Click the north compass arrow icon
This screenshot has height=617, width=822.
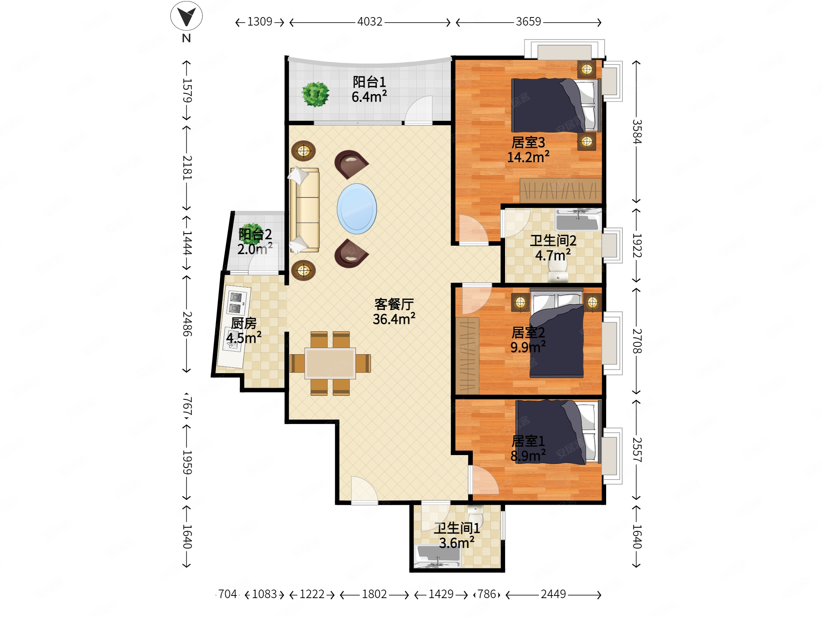coord(186,16)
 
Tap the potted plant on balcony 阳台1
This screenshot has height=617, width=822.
coord(315,94)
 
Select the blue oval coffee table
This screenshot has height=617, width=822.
coord(357,209)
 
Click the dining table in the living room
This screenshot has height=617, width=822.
coord(330,363)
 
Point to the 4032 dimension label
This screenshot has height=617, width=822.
coord(370,21)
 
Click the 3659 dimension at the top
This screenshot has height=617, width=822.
coord(528,21)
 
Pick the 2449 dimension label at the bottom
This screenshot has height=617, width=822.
coord(553,594)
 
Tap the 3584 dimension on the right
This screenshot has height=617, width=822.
coord(637,132)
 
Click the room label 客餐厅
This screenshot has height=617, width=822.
coord(394,304)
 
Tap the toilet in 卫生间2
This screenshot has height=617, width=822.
coord(557,272)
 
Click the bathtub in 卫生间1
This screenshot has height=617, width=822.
coord(437,556)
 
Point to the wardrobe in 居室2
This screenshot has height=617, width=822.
coord(467,355)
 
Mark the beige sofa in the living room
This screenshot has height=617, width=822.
coord(305,210)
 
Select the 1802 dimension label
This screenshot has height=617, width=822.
coord(374,594)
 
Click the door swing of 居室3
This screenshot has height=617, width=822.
coord(474,229)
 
